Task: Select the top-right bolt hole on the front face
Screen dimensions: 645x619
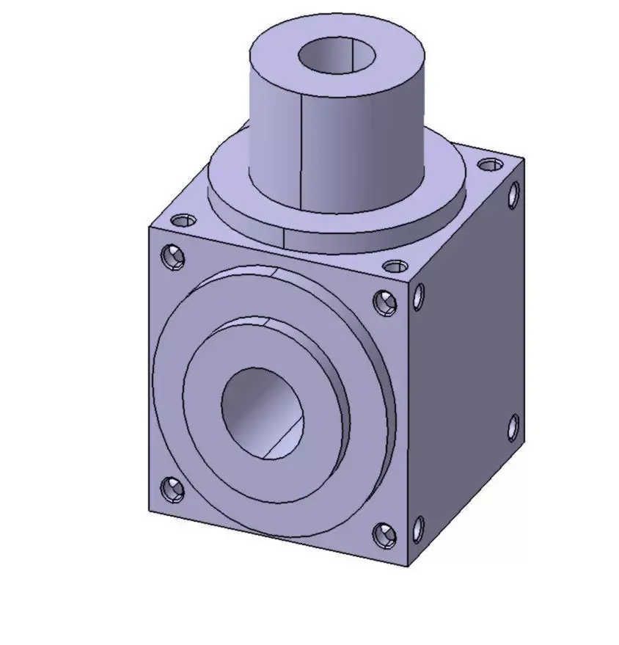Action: tap(385, 302)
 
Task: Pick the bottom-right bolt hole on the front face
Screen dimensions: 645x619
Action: tap(384, 535)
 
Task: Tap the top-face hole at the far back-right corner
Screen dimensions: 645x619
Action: tap(488, 164)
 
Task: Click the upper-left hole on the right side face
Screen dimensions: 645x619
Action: tap(419, 296)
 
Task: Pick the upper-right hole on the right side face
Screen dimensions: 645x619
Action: tap(513, 194)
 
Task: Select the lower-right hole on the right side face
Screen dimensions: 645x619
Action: tap(513, 426)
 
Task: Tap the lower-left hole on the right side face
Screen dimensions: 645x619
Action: tap(418, 529)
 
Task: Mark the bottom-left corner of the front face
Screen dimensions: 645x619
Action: tap(150, 511)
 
